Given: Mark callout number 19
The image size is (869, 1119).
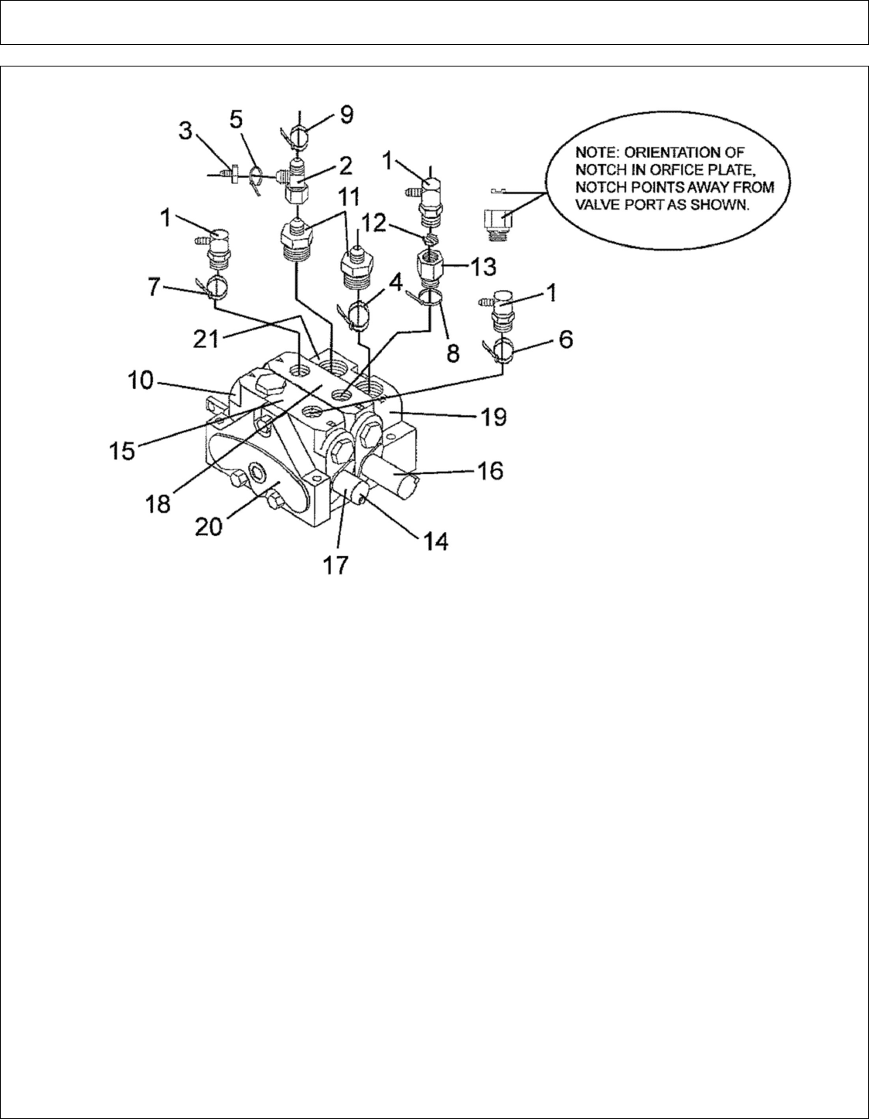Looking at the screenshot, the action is coord(491,418).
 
